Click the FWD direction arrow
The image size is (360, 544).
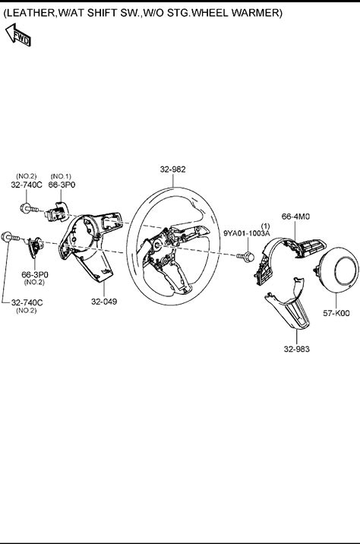tap(18, 35)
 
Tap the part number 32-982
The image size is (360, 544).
tap(172, 169)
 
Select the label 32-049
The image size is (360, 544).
tap(104, 302)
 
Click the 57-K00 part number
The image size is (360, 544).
tap(336, 313)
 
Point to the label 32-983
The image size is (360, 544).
tap(296, 349)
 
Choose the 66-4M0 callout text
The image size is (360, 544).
tap(296, 217)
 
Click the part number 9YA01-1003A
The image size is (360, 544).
tap(247, 233)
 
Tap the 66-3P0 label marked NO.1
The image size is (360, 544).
tap(62, 185)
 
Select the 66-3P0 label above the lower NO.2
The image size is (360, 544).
tap(35, 275)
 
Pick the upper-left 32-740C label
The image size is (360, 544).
tap(27, 185)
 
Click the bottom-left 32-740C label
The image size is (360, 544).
tap(27, 302)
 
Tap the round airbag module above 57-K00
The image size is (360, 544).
tap(338, 269)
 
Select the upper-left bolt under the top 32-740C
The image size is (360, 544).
tap(29, 208)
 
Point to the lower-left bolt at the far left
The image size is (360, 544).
tap(11, 237)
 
